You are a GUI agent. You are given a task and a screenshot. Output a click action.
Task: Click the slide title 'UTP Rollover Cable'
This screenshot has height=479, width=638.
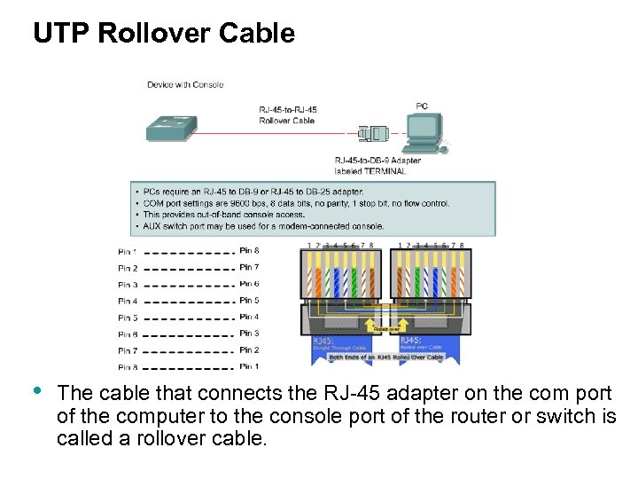point(164,34)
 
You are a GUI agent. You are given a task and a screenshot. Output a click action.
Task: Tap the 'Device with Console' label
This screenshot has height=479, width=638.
point(185,85)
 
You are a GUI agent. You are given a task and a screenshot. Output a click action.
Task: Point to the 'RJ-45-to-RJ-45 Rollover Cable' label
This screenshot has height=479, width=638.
point(287,115)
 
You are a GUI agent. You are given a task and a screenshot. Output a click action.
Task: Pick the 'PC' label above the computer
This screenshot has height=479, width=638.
point(422,106)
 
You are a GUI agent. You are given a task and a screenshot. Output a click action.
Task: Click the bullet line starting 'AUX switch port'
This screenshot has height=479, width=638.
point(261,226)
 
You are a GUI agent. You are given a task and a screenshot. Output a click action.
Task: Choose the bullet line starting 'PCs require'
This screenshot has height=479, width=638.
point(253,192)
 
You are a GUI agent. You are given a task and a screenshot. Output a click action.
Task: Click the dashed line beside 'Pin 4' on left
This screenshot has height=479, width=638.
point(188,302)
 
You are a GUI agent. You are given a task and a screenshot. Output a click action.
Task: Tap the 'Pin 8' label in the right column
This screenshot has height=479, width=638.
point(249,251)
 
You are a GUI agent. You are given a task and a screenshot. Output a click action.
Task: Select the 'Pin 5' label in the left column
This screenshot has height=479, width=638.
point(128,318)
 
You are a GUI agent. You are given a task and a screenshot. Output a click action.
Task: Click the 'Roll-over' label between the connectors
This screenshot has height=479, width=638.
point(385,328)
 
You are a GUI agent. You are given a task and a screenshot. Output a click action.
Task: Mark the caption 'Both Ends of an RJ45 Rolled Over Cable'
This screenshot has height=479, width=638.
point(385,357)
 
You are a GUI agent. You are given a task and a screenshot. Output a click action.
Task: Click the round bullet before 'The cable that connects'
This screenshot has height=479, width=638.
point(36,391)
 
